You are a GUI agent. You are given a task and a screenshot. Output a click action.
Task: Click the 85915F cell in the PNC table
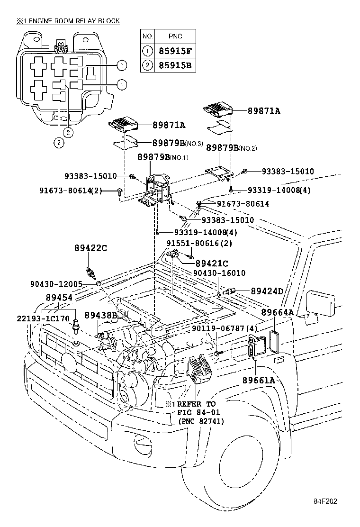[x=175, y=50]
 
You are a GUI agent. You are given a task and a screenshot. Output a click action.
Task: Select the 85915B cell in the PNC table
[x=175, y=65]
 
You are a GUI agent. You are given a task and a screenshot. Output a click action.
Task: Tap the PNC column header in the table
[x=175, y=36]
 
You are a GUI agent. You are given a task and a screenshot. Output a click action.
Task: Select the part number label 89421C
[x=212, y=263]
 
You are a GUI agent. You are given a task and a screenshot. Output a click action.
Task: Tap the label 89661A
[x=259, y=380]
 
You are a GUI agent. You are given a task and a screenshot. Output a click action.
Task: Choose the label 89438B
[x=101, y=315]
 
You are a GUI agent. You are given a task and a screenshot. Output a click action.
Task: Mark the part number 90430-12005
[x=56, y=284]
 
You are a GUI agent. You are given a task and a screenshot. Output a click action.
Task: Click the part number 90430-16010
[x=219, y=273]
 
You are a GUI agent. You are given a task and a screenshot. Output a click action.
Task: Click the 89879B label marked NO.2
[x=231, y=148]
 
